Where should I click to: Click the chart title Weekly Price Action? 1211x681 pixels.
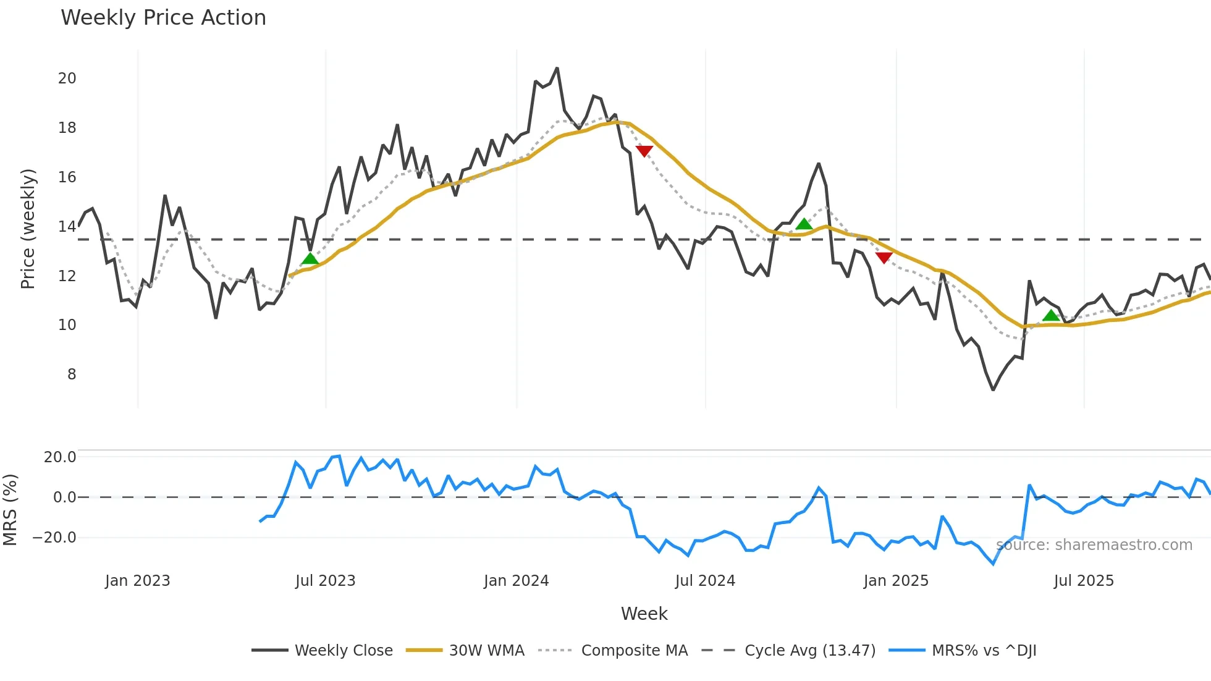163,18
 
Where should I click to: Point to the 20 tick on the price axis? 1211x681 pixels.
67,78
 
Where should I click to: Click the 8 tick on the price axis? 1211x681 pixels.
72,374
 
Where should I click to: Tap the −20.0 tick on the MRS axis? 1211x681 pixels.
54,538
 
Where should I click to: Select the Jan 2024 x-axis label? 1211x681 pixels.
516,581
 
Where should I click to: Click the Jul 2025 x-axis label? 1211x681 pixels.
1084,581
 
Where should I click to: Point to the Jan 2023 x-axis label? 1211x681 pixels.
137,581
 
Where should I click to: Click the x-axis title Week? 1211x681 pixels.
644,614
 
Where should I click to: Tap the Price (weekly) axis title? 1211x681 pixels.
28,229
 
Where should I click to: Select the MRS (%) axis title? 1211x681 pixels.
10,510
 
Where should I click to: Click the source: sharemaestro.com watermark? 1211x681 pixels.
1094,545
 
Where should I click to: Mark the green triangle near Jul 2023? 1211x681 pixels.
310,258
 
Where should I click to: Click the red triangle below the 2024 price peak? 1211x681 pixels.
644,151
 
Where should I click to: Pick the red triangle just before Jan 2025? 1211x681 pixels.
884,257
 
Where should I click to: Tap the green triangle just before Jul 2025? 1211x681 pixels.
1050,316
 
